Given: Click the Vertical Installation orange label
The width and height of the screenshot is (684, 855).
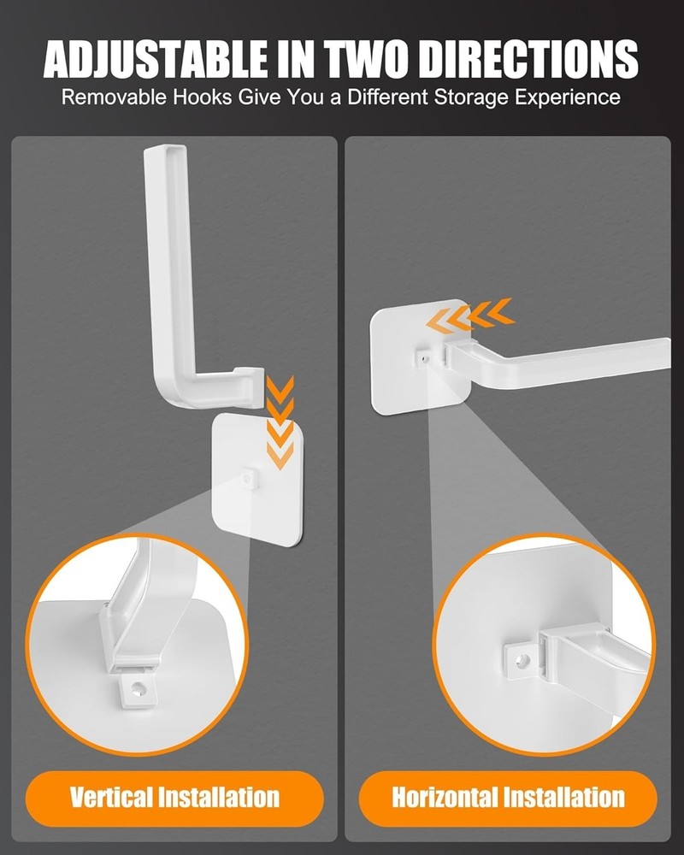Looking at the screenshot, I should tap(174, 799).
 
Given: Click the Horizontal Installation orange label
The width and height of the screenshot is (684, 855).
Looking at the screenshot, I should tap(508, 799).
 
